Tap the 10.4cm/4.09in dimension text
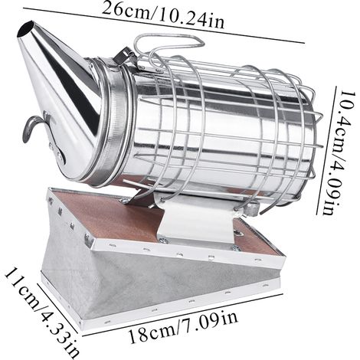(x=342, y=152)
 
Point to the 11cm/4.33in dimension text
(x=41, y=312)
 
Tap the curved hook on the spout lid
(x=32, y=128)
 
